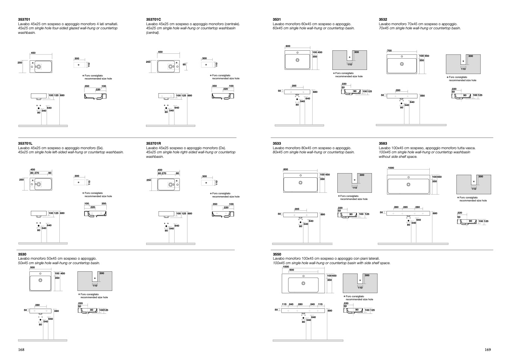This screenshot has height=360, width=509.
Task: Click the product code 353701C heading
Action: (153, 20)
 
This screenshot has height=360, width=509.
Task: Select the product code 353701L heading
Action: (25, 144)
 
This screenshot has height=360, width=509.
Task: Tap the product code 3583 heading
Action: (383, 144)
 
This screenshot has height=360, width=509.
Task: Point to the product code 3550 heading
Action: (277, 254)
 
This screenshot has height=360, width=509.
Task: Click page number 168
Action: (21, 349)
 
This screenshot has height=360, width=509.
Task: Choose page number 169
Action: (488, 349)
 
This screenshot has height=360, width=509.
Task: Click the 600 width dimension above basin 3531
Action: (288, 46)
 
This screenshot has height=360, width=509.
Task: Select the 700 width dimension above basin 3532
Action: (390, 51)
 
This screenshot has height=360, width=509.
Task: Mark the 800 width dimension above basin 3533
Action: (285, 169)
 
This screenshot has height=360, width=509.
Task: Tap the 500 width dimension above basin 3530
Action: (33, 268)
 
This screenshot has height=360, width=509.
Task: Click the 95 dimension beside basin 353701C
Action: (184, 65)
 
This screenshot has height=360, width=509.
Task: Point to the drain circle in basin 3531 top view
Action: (298, 60)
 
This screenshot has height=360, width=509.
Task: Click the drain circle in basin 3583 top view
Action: (408, 185)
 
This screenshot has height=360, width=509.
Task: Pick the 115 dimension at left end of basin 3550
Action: (284, 304)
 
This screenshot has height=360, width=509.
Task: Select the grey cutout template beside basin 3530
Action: (95, 281)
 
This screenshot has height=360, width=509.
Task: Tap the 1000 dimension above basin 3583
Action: (391, 168)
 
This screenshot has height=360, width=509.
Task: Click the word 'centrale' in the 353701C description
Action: (232, 24)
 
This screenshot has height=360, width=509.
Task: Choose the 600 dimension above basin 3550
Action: (292, 270)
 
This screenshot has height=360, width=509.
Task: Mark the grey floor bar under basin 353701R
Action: (171, 244)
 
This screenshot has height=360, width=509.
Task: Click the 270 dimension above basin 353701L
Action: (37, 173)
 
